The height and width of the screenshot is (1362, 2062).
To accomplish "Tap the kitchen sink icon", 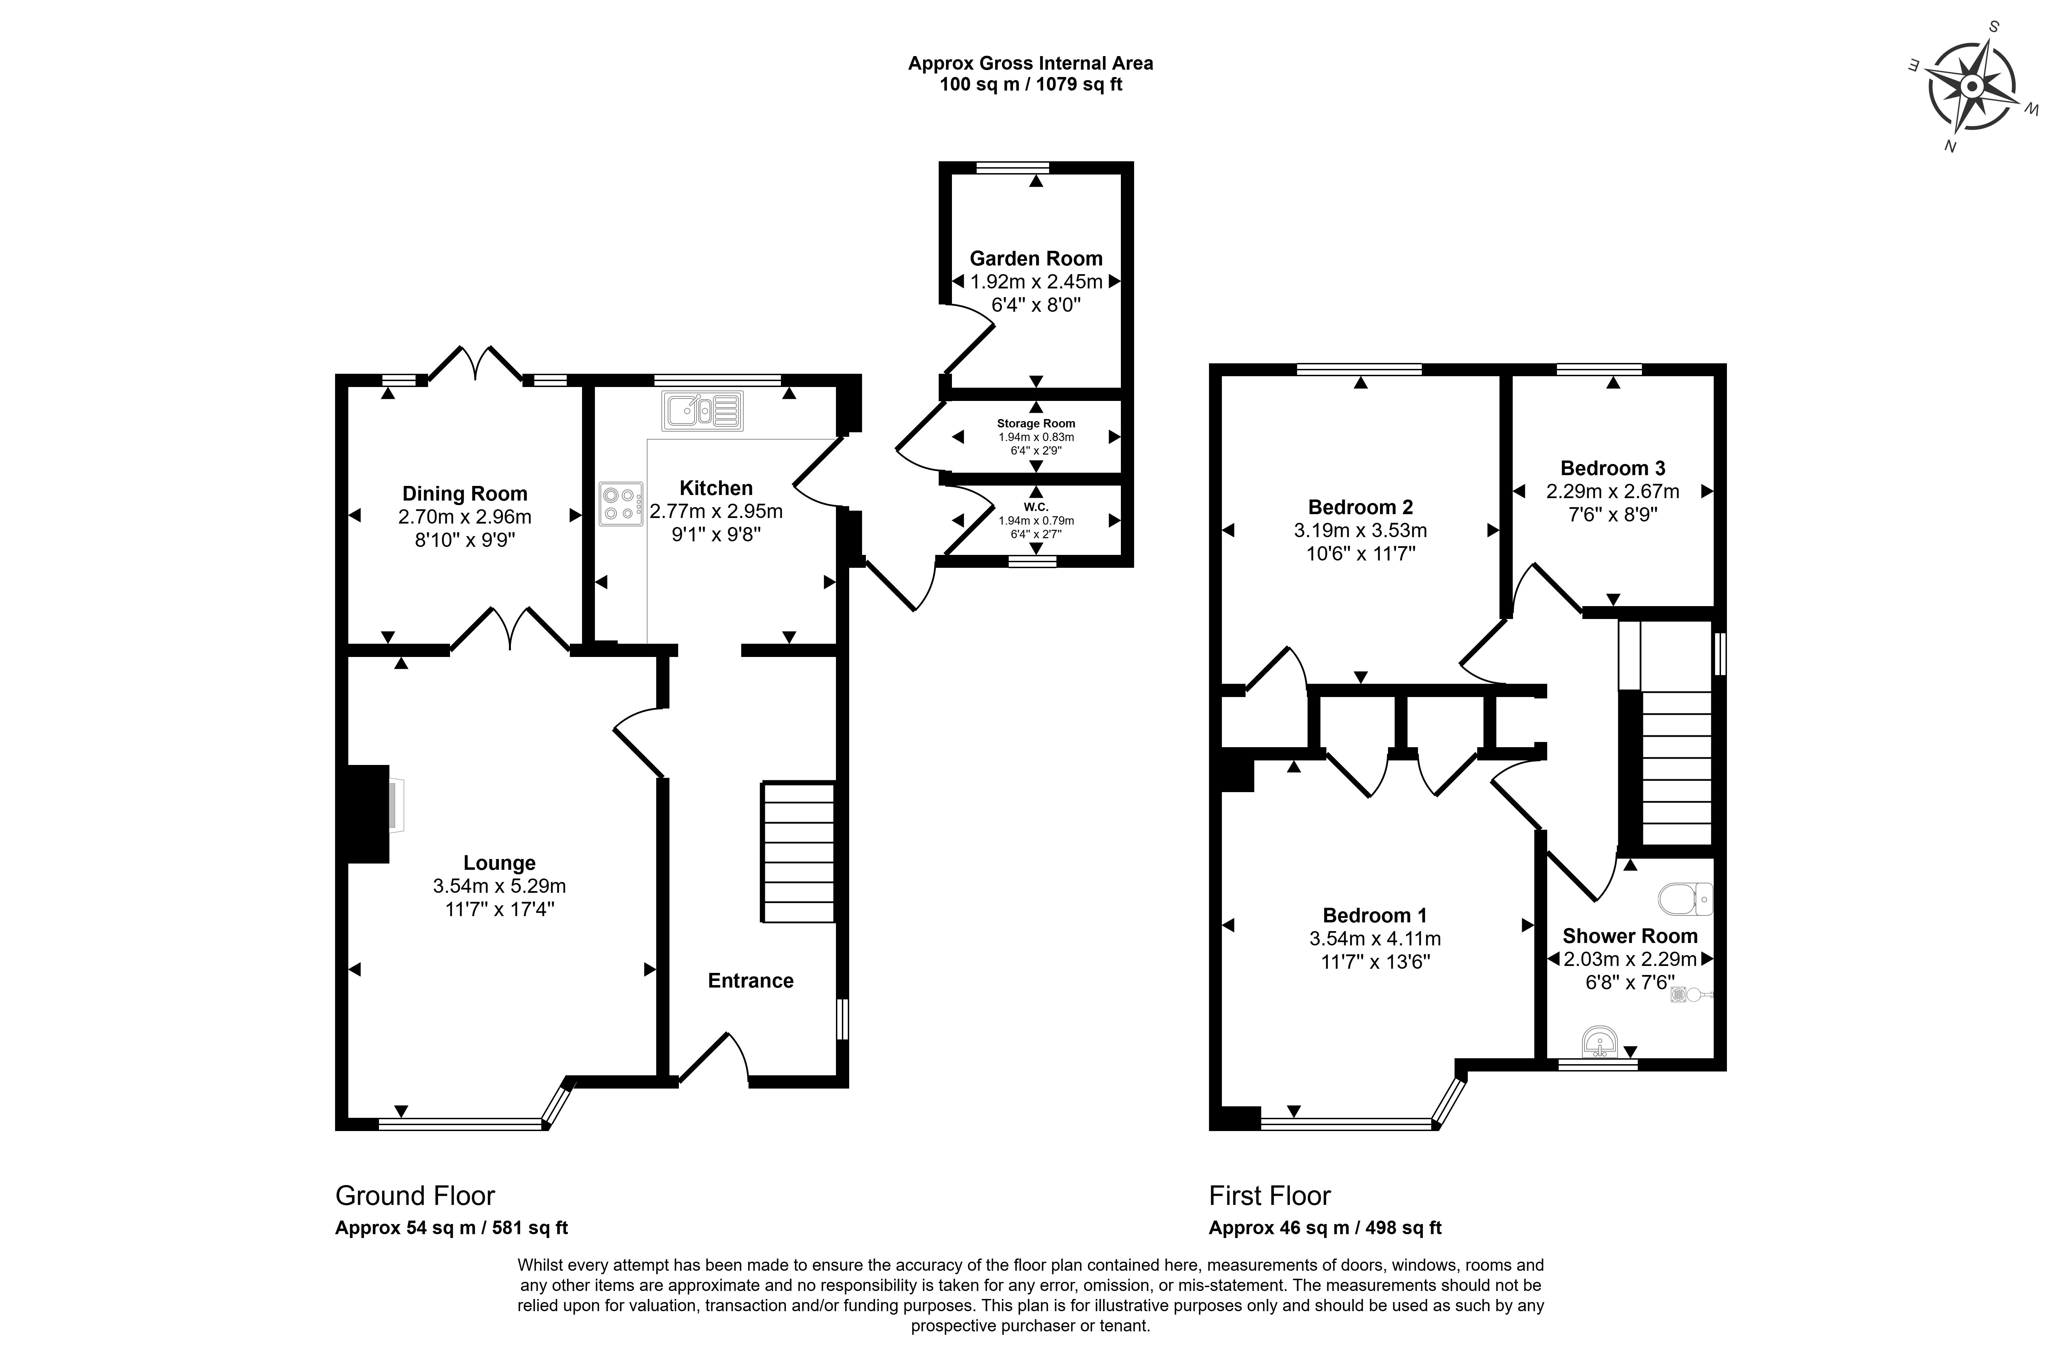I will [703, 411].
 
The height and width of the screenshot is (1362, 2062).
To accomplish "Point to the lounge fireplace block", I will [368, 814].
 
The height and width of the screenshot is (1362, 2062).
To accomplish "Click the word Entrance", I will [751, 981].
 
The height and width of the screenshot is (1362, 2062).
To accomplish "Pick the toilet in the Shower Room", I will [1685, 899].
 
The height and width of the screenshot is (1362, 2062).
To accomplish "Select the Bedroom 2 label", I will [1360, 507].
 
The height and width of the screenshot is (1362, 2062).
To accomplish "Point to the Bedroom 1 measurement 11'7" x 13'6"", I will [1375, 962].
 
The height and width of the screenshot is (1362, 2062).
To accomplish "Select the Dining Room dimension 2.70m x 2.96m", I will [465, 517].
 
